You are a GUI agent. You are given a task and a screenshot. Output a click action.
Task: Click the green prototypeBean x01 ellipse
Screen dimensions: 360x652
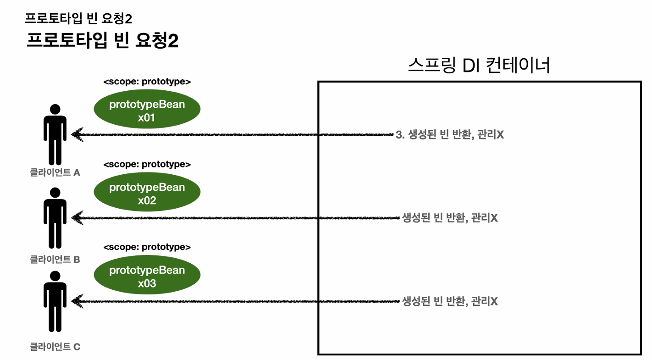(147, 111)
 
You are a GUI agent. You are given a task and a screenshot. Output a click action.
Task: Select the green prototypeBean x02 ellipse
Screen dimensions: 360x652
(147, 194)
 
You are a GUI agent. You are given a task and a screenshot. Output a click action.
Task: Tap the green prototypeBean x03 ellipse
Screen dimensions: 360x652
(147, 277)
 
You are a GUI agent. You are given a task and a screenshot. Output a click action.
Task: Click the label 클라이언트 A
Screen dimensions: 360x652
(55, 173)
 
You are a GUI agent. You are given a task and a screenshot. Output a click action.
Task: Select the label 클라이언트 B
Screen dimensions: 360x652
(55, 260)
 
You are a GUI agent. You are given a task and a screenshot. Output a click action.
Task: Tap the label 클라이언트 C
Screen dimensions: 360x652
(55, 347)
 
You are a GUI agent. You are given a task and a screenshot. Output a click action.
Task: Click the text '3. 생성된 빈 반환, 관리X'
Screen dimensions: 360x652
(449, 135)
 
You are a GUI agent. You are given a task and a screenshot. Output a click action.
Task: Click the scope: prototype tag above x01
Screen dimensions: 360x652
(147, 82)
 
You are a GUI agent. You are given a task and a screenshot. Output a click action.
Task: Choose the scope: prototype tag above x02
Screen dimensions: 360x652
(147, 164)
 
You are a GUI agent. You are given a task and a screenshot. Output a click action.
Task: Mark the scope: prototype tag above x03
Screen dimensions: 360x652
(147, 247)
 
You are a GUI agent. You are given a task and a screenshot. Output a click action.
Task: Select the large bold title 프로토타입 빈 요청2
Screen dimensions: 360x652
(102, 41)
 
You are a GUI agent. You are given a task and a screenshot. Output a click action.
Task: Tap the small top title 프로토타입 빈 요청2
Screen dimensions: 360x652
(78, 18)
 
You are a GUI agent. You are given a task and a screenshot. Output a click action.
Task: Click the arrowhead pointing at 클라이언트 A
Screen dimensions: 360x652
(76, 135)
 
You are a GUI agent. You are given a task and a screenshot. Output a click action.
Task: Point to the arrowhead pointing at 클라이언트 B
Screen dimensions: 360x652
(76, 218)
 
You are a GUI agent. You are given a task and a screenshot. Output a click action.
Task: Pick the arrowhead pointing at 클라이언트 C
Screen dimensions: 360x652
(76, 301)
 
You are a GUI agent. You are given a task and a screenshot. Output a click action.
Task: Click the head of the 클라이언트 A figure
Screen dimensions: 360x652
(55, 110)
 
